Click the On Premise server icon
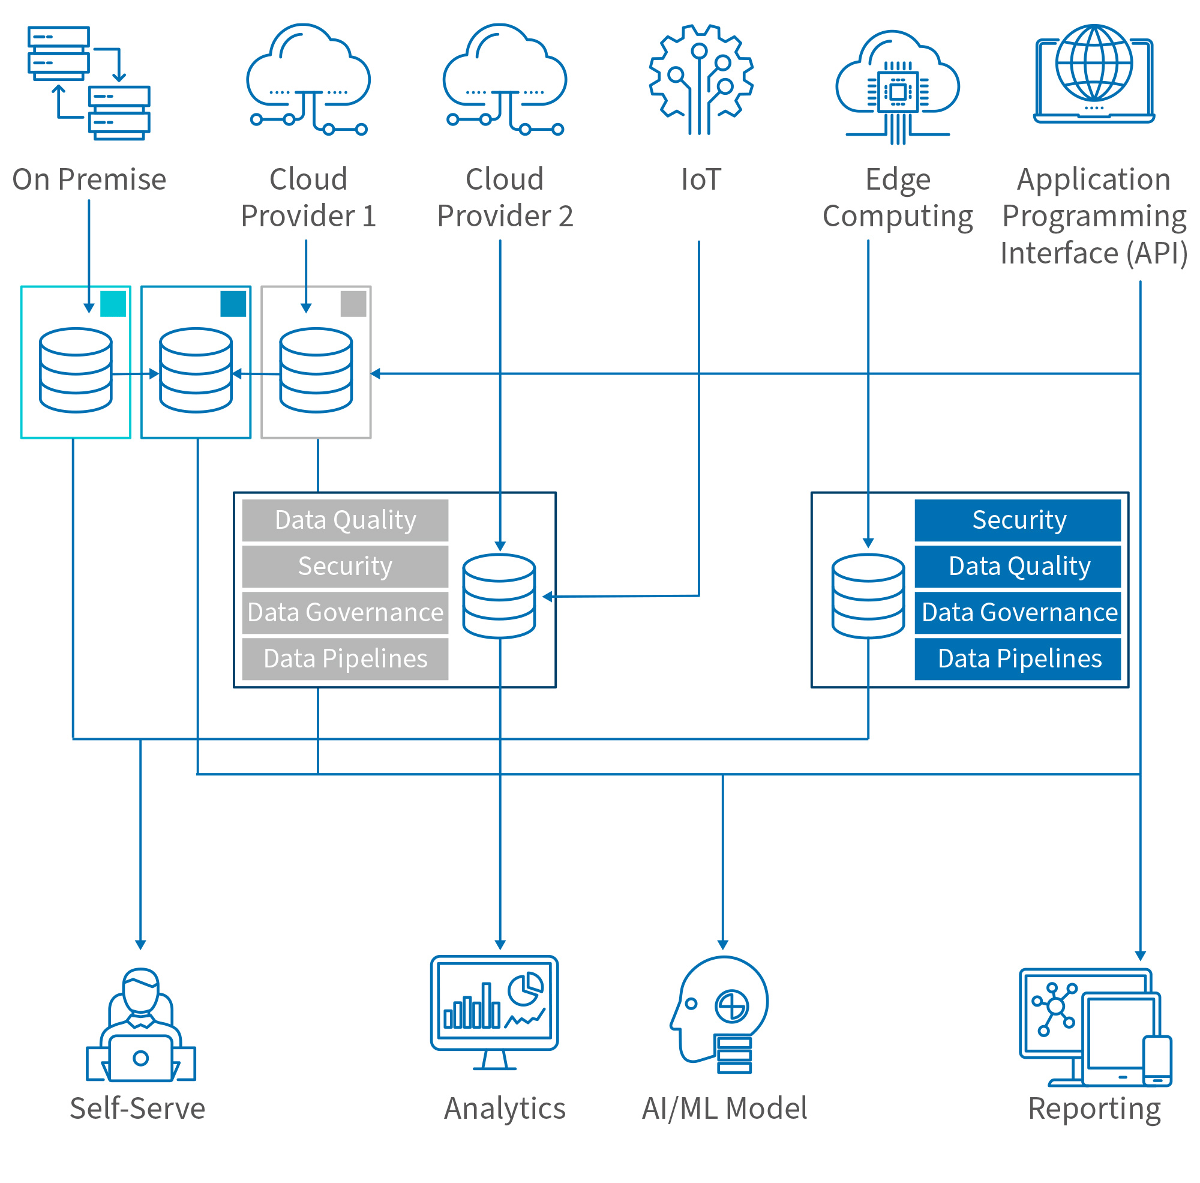pos(89,83)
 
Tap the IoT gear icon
pos(701,80)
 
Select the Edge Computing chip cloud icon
pos(897,87)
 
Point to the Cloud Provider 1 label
pos(308,197)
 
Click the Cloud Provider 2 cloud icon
pos(505,80)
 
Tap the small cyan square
pos(113,304)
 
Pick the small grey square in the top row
pos(353,304)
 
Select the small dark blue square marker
pos(233,304)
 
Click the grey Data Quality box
pos(345,520)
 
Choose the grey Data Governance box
pos(345,613)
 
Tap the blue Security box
pos(1018,520)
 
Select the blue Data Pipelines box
pos(1018,658)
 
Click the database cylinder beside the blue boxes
pos(868,597)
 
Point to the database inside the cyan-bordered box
pos(76,370)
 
